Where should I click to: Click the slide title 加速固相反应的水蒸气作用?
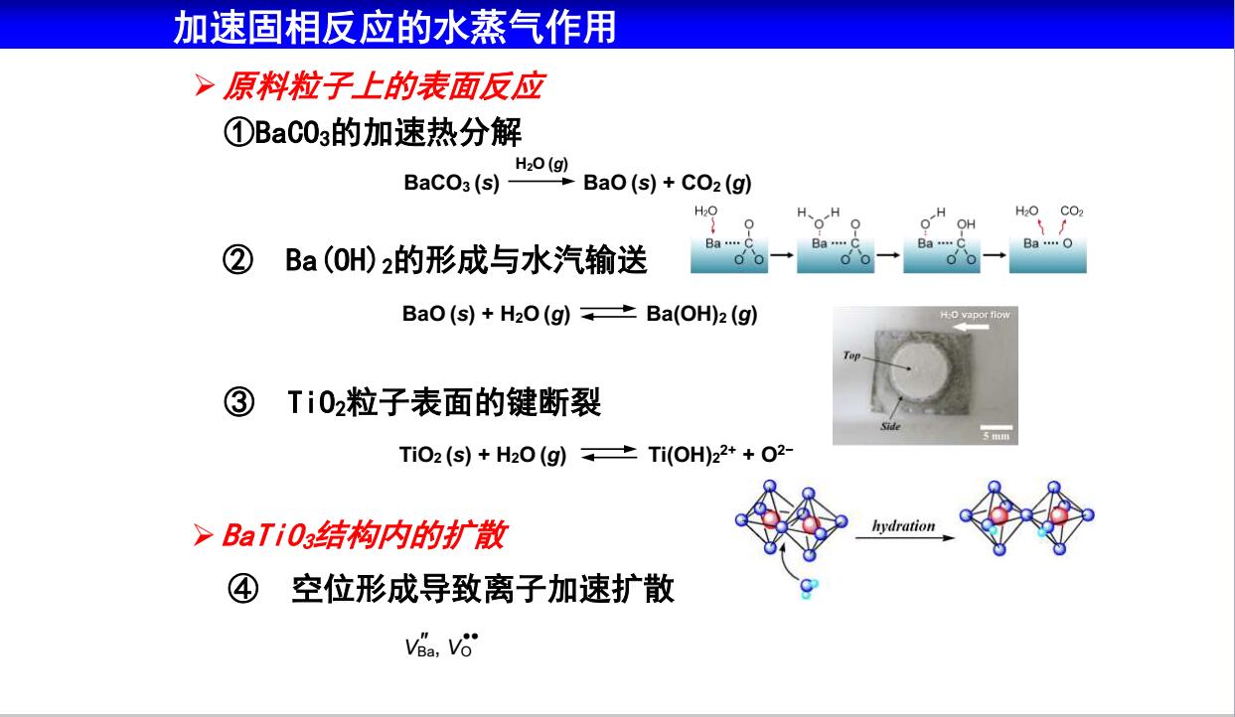click(394, 27)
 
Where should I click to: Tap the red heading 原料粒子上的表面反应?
click(384, 86)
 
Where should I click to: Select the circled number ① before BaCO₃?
click(238, 133)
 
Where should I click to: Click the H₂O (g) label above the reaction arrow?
click(541, 164)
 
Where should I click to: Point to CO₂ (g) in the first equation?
click(716, 183)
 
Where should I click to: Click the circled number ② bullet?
click(237, 260)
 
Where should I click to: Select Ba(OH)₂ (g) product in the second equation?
click(701, 314)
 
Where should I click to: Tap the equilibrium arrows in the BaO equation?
click(608, 313)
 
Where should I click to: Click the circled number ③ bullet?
click(238, 402)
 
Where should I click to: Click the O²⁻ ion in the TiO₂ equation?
click(777, 454)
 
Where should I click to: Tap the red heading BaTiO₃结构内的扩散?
click(364, 534)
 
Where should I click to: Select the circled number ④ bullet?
click(242, 589)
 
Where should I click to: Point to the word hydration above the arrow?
click(903, 526)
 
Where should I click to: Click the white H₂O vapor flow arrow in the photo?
click(971, 327)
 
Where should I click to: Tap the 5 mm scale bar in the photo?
click(996, 428)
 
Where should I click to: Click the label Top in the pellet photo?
click(851, 356)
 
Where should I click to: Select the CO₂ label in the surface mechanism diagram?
click(1071, 212)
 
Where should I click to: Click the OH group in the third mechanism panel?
click(966, 224)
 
